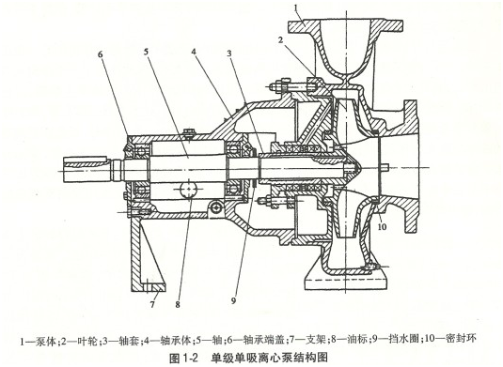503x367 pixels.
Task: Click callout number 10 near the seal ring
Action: [x=382, y=227]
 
